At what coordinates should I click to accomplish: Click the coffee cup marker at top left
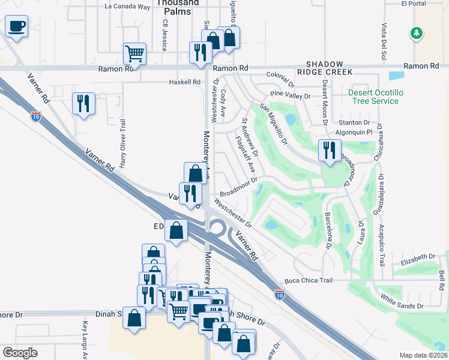16,27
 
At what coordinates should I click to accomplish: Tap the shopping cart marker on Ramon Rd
134,53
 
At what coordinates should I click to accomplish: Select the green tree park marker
416,34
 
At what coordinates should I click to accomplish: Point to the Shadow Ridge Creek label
325,68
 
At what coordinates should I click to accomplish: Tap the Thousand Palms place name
178,3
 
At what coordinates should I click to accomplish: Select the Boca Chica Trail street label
309,281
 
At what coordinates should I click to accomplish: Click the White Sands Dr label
403,298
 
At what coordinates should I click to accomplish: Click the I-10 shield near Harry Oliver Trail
37,116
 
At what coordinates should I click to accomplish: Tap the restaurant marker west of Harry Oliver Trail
83,103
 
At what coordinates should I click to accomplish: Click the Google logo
20,352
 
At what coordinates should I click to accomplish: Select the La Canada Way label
127,7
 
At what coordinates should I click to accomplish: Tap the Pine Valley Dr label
291,95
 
